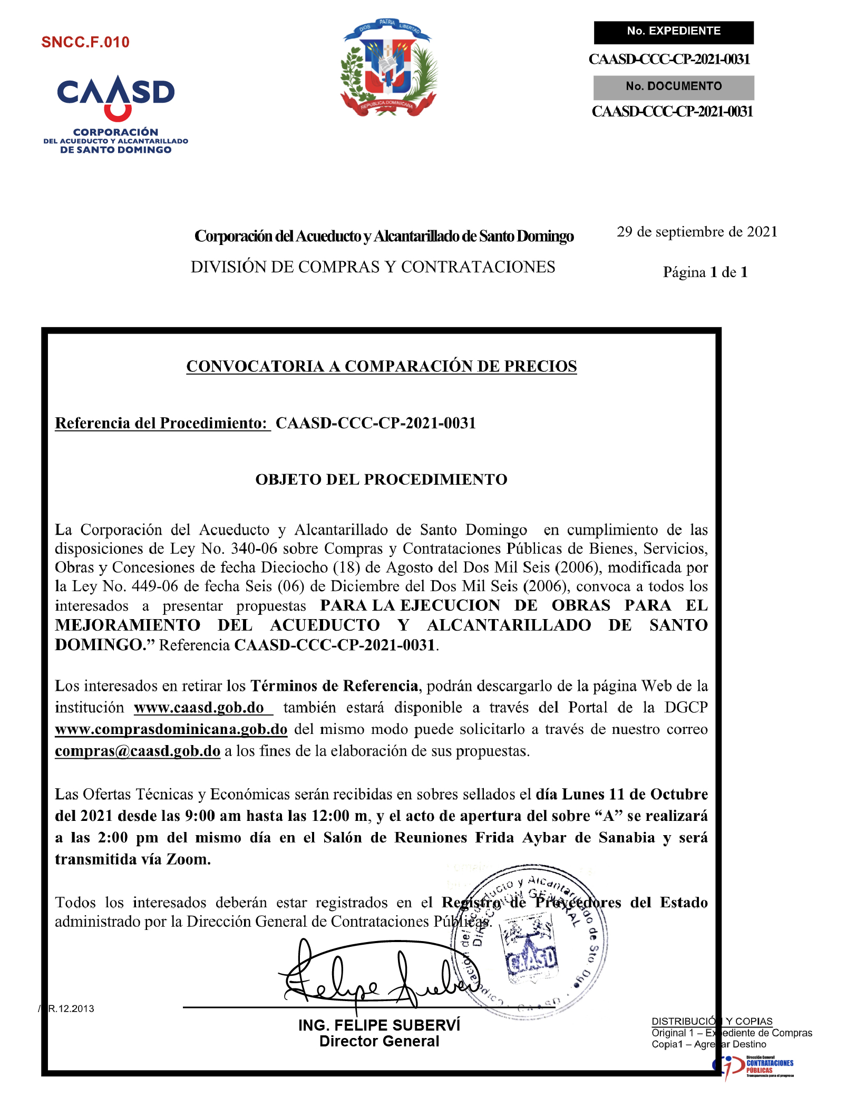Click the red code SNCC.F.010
85,42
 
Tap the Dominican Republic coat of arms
388,68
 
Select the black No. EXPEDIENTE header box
673,32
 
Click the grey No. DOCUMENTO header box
673,87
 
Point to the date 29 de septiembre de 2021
697,232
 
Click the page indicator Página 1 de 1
705,272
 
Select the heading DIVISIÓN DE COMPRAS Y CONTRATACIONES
373,267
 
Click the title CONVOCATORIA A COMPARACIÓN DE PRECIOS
381,366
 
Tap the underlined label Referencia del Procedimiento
162,423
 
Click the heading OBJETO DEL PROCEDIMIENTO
381,479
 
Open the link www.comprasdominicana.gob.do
171,729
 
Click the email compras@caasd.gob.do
138,751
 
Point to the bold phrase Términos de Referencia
334,686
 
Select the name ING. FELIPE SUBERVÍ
379,1025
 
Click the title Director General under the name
379,1042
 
